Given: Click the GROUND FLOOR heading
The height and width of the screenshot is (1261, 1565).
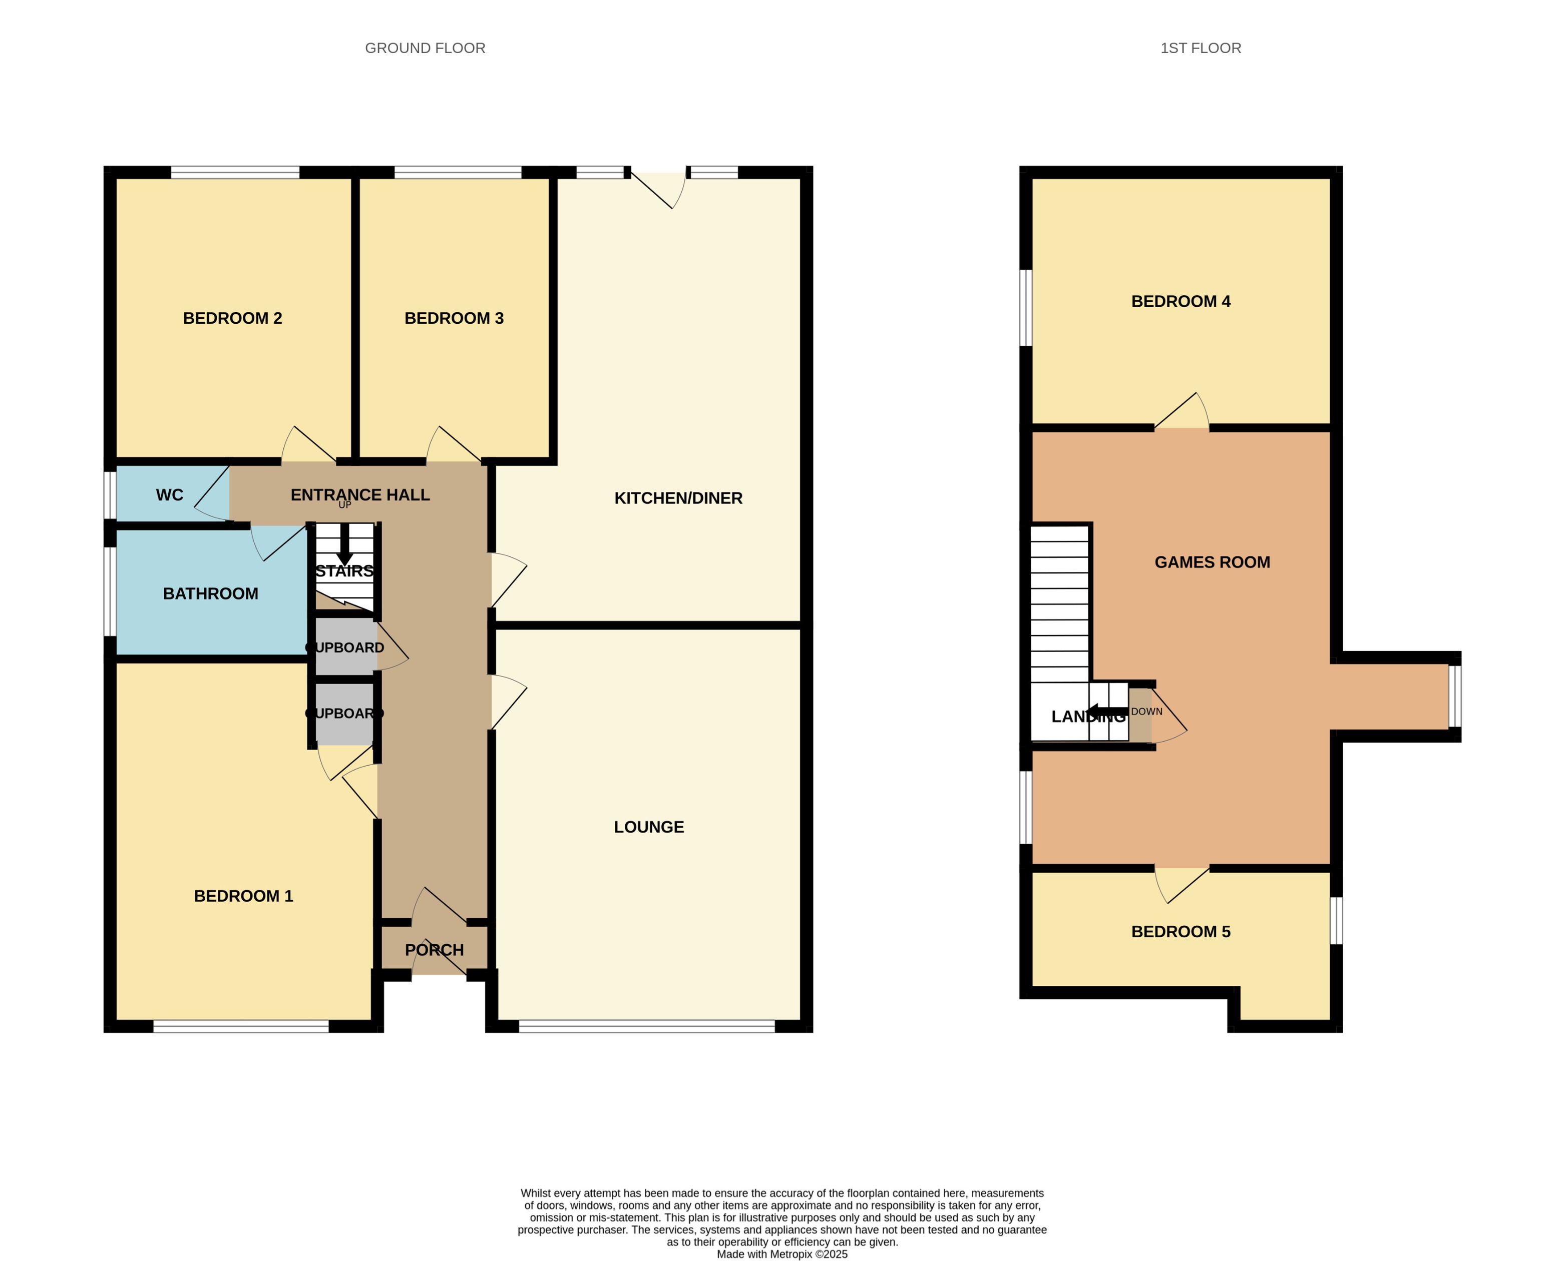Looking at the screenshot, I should pyautogui.click(x=425, y=48).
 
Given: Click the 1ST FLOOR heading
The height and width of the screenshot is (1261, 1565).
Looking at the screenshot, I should pyautogui.click(x=1200, y=48).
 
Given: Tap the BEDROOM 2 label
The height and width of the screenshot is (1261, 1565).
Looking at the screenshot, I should pyautogui.click(x=232, y=318).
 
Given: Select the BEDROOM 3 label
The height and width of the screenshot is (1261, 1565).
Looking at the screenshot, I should pyautogui.click(x=454, y=318).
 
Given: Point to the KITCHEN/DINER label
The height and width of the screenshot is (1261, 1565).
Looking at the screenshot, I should pyautogui.click(x=678, y=498).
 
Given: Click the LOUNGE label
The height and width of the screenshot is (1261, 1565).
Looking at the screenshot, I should pyautogui.click(x=649, y=827).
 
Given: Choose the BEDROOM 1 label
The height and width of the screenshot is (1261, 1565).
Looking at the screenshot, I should pyautogui.click(x=243, y=896).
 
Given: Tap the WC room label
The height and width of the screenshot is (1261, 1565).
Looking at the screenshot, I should pyautogui.click(x=169, y=495).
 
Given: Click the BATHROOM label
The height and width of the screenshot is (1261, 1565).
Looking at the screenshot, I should pyautogui.click(x=211, y=593).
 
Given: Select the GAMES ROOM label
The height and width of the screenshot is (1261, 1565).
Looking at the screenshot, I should pyautogui.click(x=1212, y=562).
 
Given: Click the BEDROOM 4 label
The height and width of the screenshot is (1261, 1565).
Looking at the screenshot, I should pyautogui.click(x=1181, y=301).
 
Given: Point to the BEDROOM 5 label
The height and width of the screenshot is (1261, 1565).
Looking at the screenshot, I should pyautogui.click(x=1181, y=931).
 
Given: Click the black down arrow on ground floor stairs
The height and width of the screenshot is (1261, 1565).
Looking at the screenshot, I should pyautogui.click(x=345, y=545).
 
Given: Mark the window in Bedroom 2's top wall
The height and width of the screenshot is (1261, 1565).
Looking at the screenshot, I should pyautogui.click(x=235, y=172).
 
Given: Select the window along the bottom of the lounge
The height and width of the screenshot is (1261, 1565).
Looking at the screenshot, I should pyautogui.click(x=647, y=1026).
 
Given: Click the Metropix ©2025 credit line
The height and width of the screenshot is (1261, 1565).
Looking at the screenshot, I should pyautogui.click(x=782, y=1253).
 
